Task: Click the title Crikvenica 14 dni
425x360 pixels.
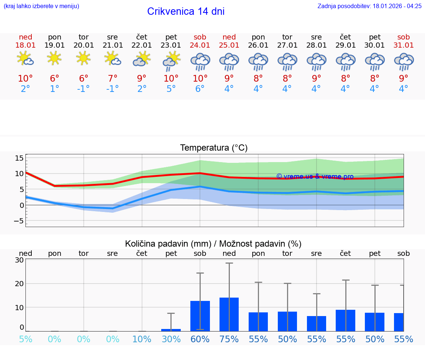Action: click(186, 11)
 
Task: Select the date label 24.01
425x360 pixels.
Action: click(200, 45)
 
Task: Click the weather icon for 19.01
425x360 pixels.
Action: click(55, 58)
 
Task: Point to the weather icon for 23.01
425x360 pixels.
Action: click(171, 61)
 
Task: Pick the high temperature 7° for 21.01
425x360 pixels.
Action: click(113, 78)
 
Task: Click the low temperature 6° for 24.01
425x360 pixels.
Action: click(200, 89)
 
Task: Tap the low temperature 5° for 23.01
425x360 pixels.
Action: click(171, 89)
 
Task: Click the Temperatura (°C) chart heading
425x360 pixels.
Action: click(214, 148)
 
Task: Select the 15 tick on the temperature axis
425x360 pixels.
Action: click(19, 158)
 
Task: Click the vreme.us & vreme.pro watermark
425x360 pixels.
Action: click(315, 176)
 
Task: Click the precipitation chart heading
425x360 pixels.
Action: click(213, 244)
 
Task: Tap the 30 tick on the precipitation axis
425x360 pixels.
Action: click(19, 260)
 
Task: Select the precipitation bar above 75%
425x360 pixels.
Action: click(229, 314)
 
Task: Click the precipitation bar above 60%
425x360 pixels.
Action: click(200, 316)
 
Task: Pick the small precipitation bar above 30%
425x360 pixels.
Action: click(171, 330)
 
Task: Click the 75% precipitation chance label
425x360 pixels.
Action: click(229, 339)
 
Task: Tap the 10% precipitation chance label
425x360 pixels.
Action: click(142, 339)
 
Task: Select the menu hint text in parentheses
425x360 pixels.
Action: click(41, 6)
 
